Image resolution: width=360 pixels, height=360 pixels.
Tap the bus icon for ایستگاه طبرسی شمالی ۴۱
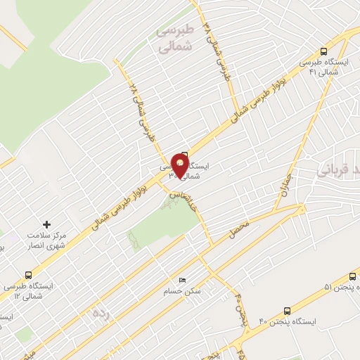click(323, 51)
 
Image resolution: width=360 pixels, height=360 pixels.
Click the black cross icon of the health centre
click(48, 224)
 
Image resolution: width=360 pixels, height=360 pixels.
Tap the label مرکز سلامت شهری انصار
click(47, 240)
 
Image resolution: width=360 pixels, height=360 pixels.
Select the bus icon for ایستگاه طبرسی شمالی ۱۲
click(28, 275)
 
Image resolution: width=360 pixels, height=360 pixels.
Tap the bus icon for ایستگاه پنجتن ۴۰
click(287, 311)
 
